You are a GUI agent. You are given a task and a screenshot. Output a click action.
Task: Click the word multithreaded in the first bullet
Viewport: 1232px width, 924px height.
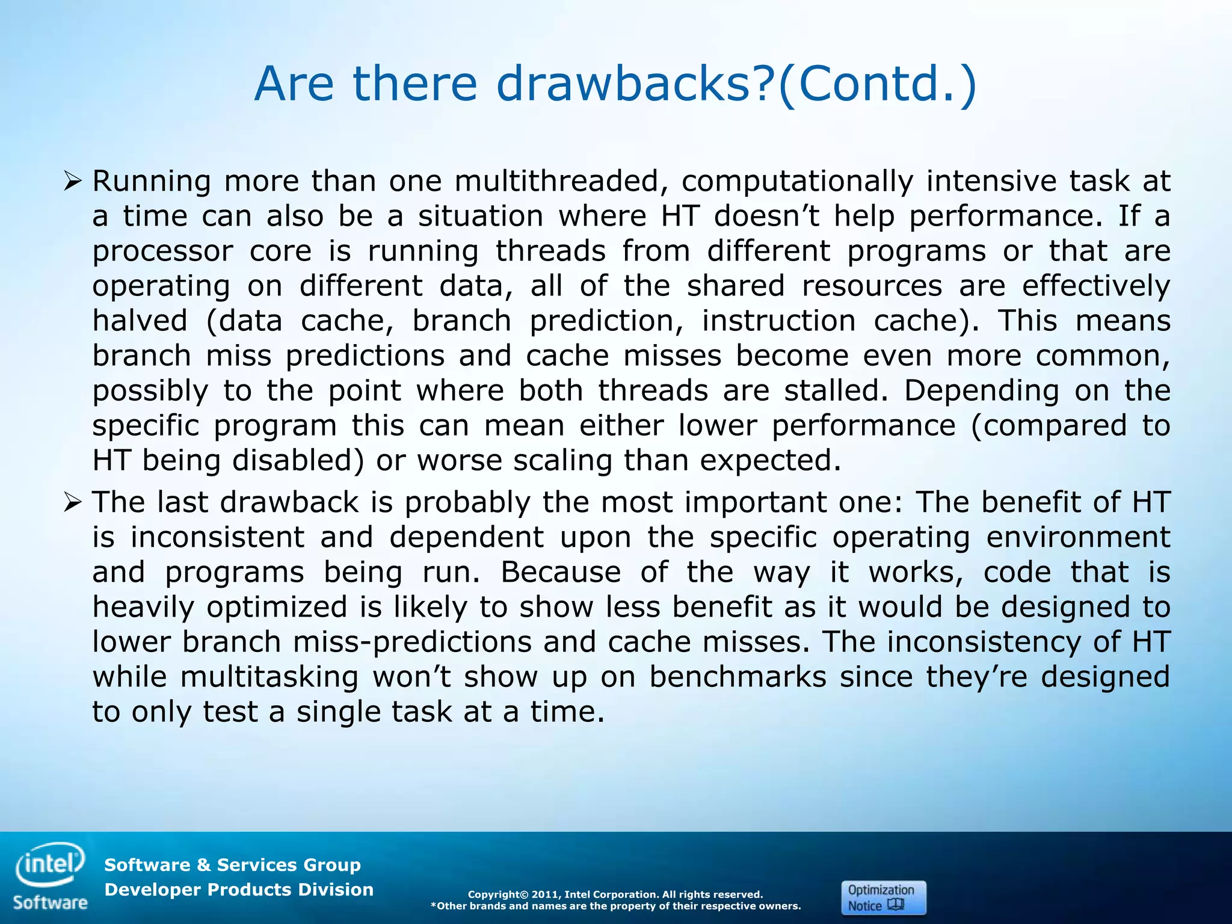(x=556, y=181)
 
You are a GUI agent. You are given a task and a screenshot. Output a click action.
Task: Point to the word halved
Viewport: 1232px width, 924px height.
(x=140, y=320)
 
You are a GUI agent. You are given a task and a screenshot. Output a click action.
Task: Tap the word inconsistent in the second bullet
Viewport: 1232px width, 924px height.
(x=217, y=537)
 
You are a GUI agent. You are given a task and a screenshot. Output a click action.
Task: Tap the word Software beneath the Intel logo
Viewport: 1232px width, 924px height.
(x=50, y=902)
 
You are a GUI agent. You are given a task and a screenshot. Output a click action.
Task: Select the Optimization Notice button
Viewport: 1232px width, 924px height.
(x=882, y=898)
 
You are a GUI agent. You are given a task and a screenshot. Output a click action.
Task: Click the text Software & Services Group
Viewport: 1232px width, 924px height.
(x=232, y=864)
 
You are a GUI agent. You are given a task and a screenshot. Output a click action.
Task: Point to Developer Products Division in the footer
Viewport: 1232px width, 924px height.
(x=239, y=889)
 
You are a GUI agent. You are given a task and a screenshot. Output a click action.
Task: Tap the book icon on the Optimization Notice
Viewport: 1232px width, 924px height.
(x=896, y=905)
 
